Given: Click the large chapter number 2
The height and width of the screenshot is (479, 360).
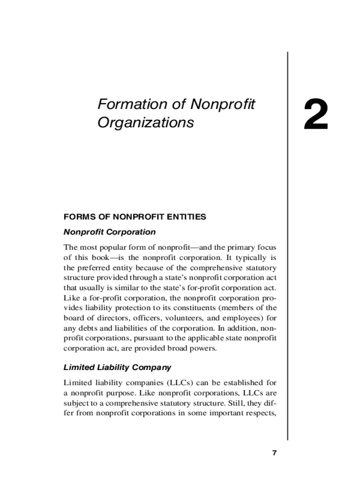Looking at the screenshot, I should point(316,115).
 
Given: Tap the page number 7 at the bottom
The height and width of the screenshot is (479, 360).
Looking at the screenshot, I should point(274,453).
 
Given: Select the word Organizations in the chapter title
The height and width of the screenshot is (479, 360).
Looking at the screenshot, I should point(145,123).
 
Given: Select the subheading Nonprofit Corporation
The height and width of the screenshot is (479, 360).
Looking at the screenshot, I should point(109,232).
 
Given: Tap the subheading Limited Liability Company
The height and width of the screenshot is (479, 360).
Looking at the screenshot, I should point(117,367).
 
